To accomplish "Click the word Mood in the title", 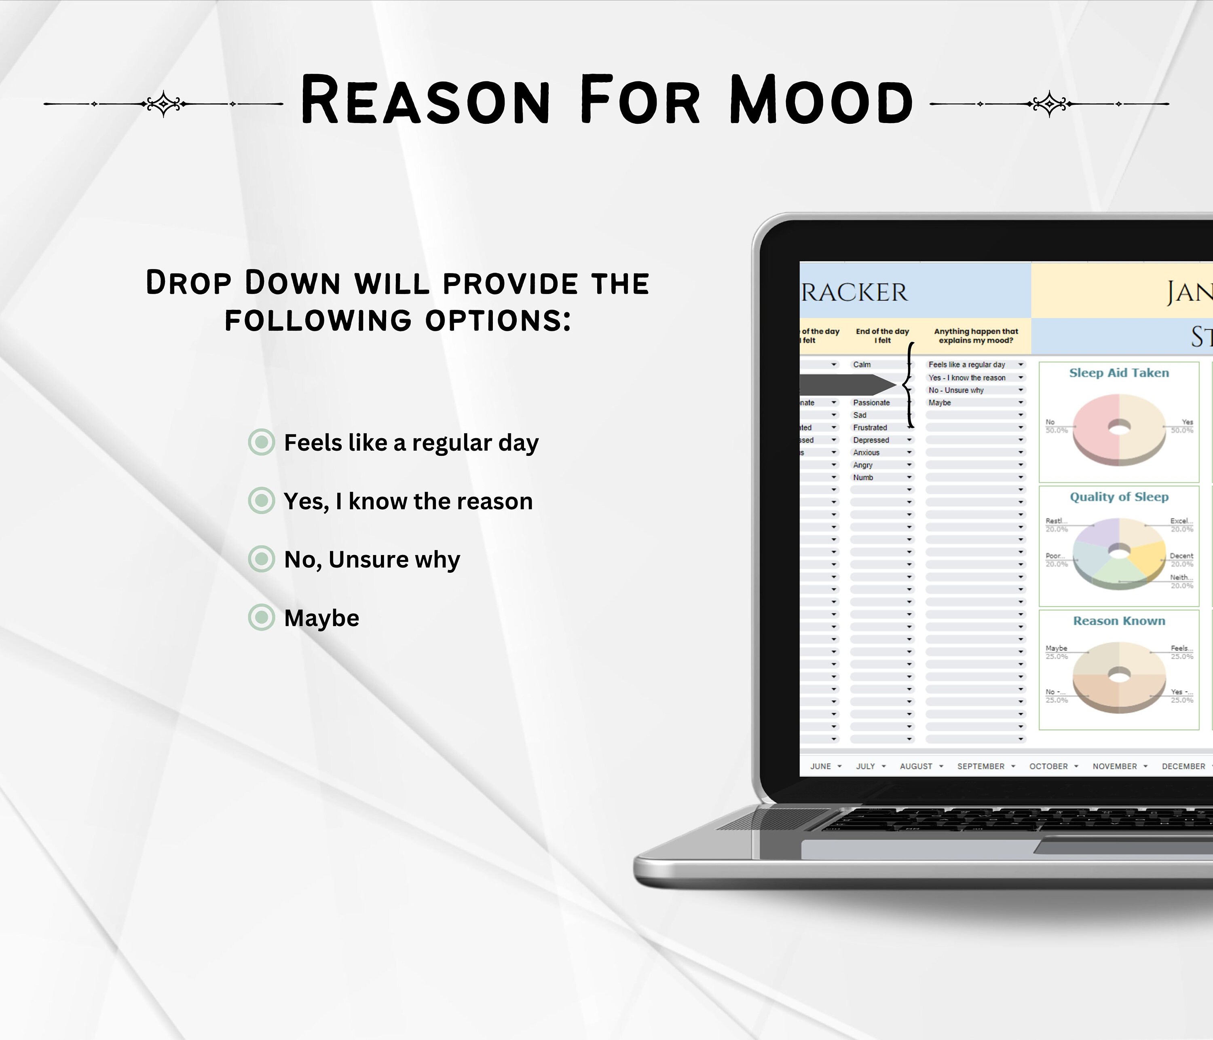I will pos(821,101).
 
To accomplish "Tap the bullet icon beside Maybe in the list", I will pos(261,617).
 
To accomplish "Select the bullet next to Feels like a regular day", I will pos(261,442).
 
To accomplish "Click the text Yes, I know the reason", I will pos(408,501).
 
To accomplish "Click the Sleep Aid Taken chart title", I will pos(1119,373).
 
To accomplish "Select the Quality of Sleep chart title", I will pos(1119,497).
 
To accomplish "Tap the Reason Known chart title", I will pos(1119,621).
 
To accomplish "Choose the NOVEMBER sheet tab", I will pos(1115,766).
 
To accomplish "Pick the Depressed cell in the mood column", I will pos(871,440).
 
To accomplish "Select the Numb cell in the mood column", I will pos(863,477).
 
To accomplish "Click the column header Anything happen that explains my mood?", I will pos(976,335).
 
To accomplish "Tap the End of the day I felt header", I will pos(882,335).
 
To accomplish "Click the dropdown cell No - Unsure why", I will pos(956,390).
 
